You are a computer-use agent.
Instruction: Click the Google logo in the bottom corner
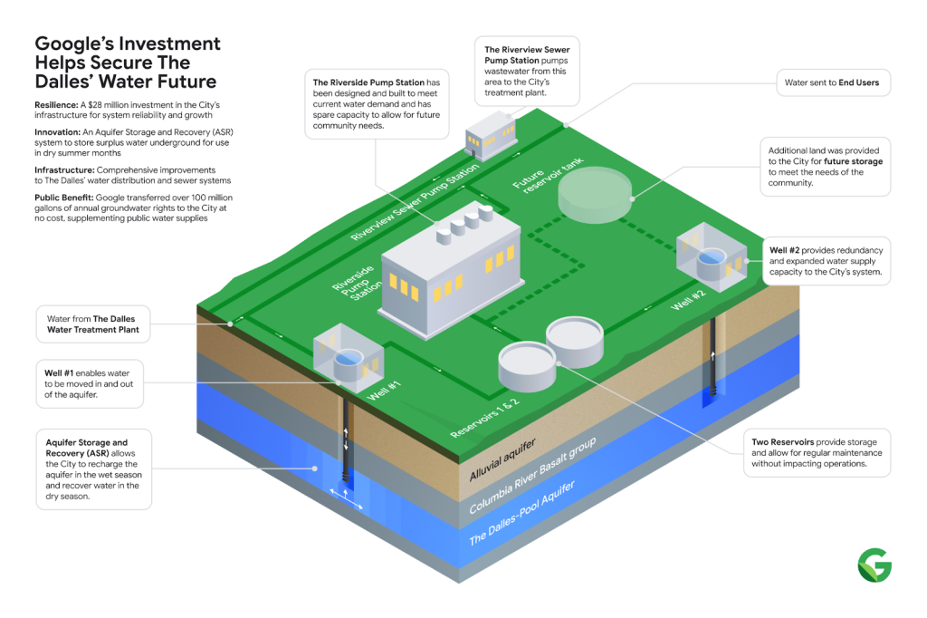tap(874, 565)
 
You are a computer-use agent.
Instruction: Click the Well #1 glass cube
tap(348, 360)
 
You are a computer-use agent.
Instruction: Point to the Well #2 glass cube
tap(712, 256)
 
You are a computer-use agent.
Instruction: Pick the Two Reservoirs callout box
tap(817, 452)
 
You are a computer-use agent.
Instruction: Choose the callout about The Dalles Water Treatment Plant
tap(93, 324)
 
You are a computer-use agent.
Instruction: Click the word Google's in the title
tap(72, 43)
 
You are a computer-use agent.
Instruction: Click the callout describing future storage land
tap(825, 166)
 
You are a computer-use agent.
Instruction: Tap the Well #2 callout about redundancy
tap(825, 261)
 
